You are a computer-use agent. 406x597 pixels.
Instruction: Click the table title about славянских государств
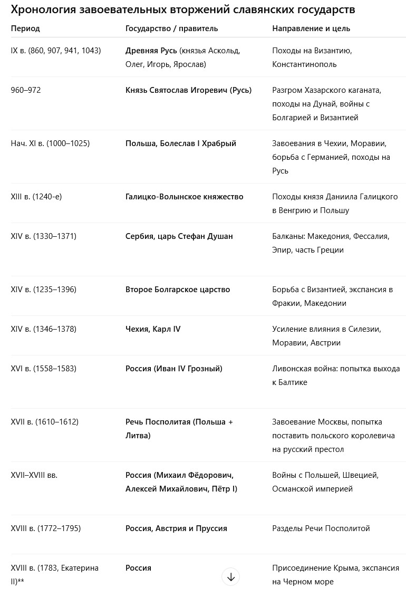point(182,10)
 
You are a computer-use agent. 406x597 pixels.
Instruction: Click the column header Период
point(25,28)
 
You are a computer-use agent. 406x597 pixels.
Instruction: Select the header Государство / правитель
point(171,28)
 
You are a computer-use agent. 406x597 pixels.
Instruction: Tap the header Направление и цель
point(311,28)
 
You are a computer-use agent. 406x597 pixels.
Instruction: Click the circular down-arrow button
point(230,577)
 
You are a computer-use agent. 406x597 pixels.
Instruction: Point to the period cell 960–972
point(26,90)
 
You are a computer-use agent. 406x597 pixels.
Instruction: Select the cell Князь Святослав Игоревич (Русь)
point(188,90)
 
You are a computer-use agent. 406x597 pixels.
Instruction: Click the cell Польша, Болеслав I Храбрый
point(181,143)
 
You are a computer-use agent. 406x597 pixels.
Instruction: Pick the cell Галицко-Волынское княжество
point(185,197)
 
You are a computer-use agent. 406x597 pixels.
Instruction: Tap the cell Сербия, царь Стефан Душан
point(179,236)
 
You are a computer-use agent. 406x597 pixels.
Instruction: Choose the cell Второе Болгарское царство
point(178,290)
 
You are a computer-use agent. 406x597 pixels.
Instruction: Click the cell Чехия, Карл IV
point(153,329)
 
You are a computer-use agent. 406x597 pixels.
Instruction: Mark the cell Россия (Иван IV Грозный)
point(174,369)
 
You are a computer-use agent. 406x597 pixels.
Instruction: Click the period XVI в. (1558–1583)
point(44,369)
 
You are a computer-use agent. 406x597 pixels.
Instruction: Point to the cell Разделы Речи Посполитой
point(321,528)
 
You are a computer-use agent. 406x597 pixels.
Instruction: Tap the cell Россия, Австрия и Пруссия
point(176,528)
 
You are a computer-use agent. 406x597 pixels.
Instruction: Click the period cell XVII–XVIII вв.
point(34,475)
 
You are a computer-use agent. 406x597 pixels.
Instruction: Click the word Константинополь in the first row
point(304,64)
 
